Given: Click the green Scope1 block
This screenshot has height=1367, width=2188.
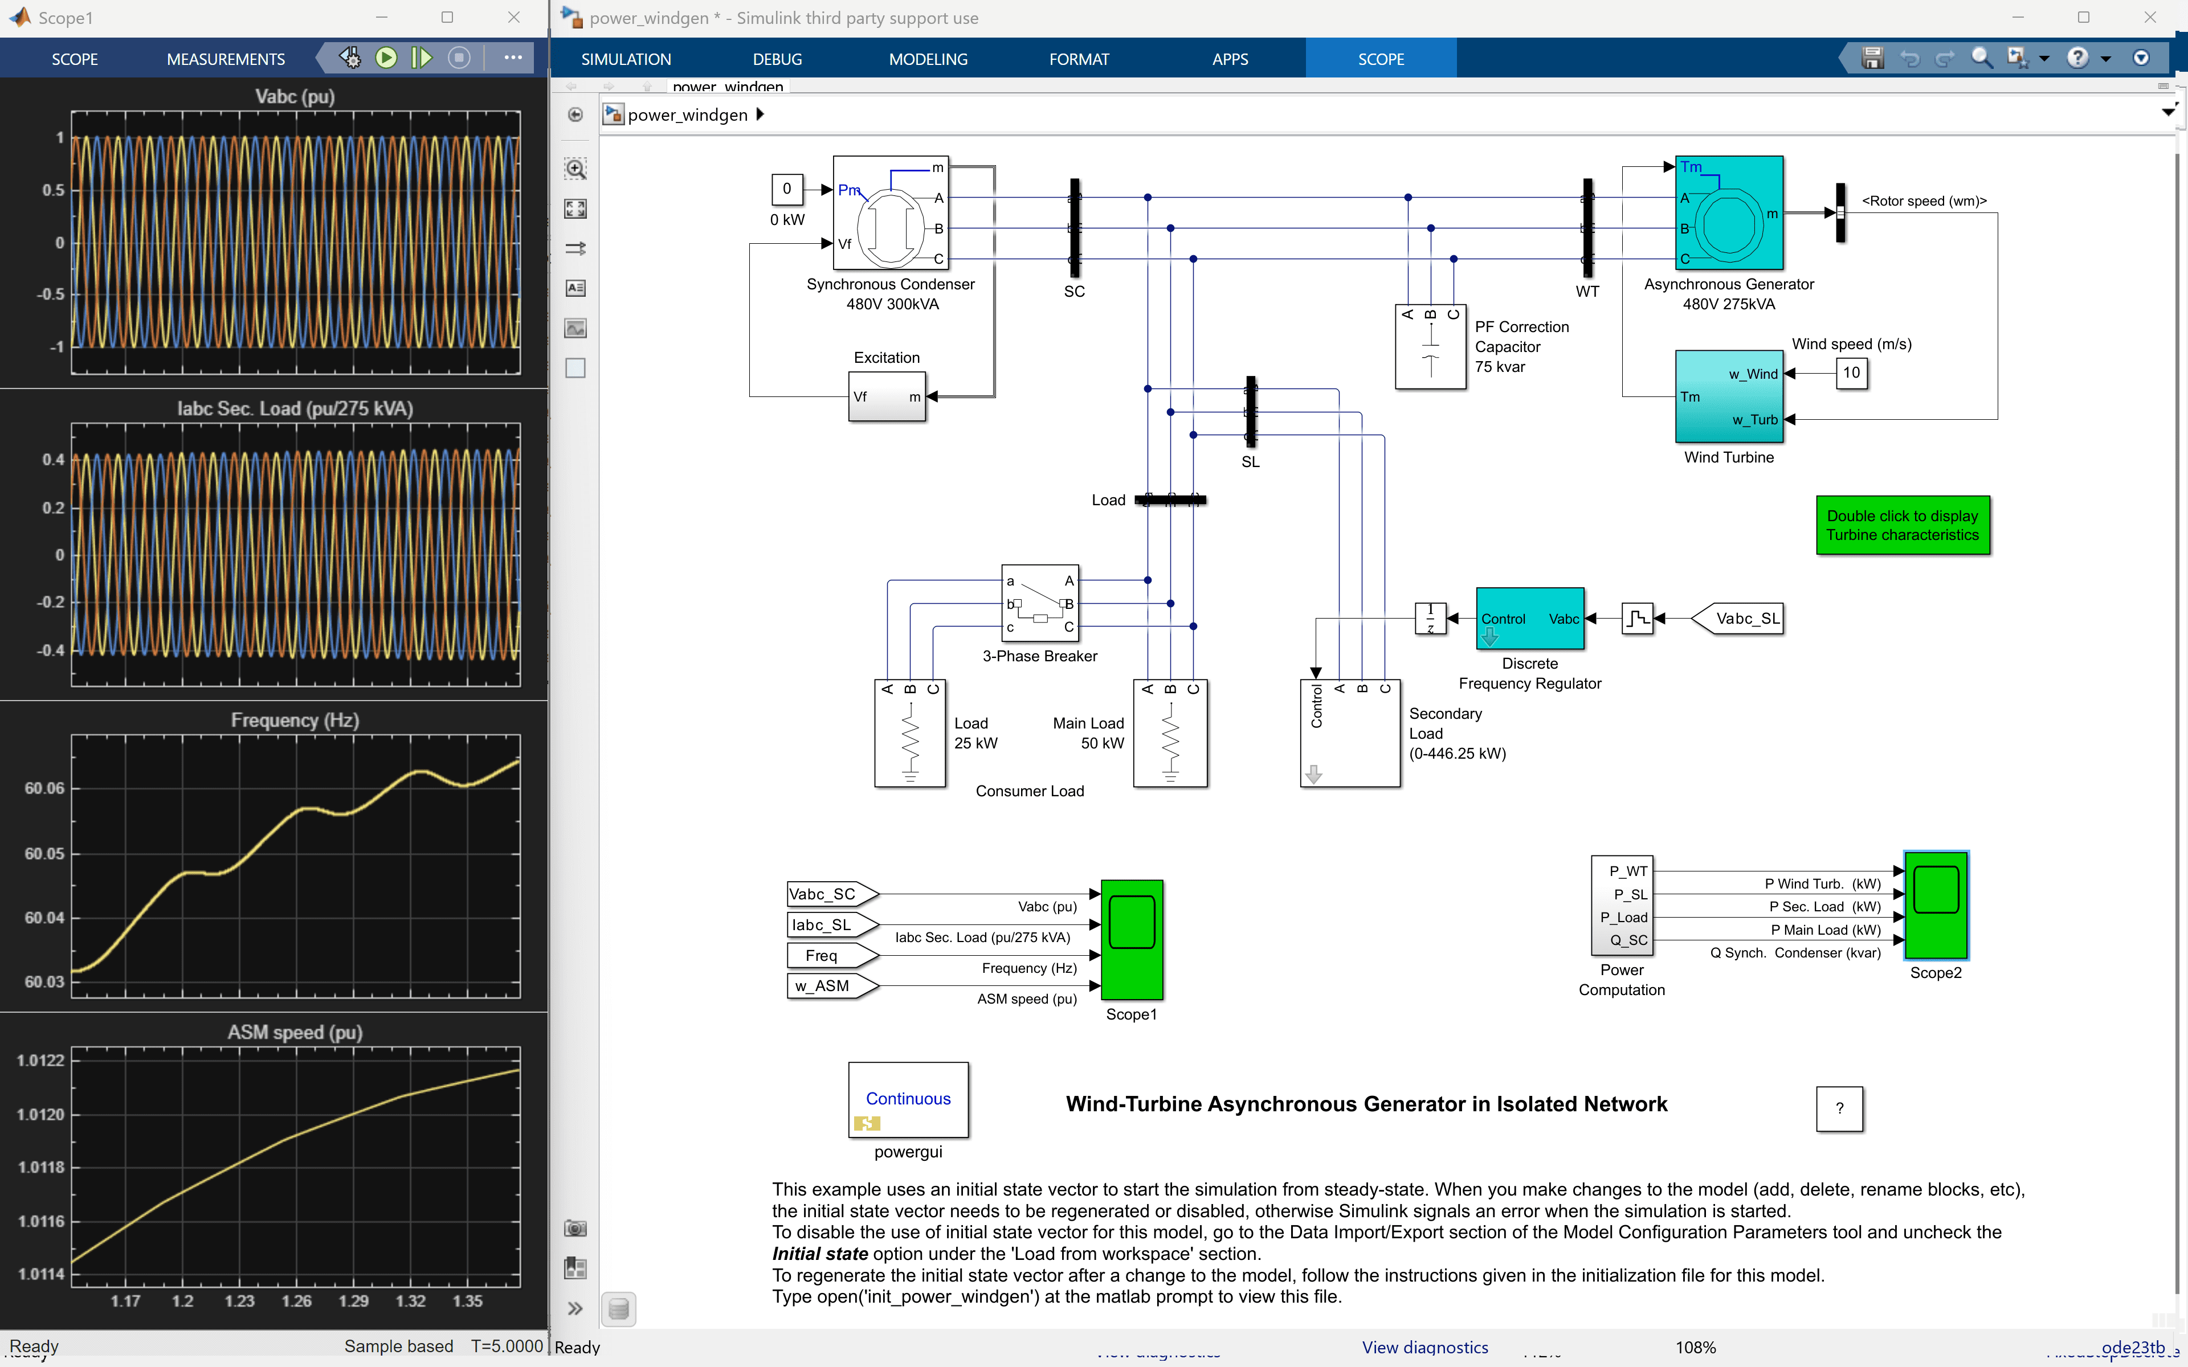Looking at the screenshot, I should [1131, 939].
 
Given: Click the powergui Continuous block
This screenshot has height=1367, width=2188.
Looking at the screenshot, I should [908, 1099].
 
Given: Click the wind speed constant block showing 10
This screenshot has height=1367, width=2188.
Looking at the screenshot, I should [1851, 373].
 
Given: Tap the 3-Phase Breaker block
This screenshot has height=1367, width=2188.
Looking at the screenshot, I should [1040, 603].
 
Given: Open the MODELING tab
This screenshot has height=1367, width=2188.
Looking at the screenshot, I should [928, 59].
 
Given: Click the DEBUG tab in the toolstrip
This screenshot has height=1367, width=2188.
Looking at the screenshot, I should [777, 59].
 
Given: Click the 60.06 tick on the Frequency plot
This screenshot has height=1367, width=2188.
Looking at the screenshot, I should [44, 788].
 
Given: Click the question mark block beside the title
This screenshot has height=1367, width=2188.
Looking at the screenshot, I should [1839, 1108].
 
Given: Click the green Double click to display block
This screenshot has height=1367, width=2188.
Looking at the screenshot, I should [1903, 525].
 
